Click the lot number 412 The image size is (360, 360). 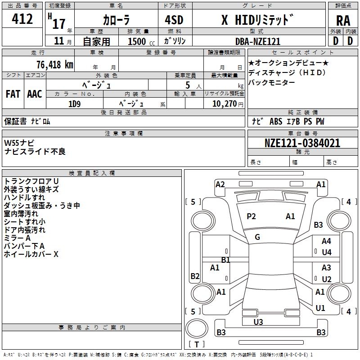pyautogui.click(x=22, y=19)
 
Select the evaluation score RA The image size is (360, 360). pyautogui.click(x=343, y=21)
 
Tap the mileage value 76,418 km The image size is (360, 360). pyautogui.click(x=55, y=64)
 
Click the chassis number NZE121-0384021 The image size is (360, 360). pyautogui.click(x=302, y=143)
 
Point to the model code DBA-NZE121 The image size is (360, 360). pyautogui.click(x=258, y=41)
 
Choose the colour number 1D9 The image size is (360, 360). pyautogui.click(x=74, y=104)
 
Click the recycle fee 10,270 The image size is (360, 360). pyautogui.click(x=225, y=104)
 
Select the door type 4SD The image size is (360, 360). pyautogui.click(x=174, y=20)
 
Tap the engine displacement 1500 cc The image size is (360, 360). pyautogui.click(x=141, y=41)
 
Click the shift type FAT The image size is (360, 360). pyautogui.click(x=13, y=94)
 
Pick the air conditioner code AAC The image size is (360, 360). pyautogui.click(x=35, y=94)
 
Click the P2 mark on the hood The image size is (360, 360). pyautogui.click(x=251, y=216)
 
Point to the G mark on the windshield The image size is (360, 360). pyautogui.click(x=257, y=237)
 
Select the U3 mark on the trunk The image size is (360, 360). pyautogui.click(x=258, y=322)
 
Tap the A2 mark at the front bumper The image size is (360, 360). pyautogui.click(x=220, y=184)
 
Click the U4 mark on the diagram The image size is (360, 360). pyautogui.click(x=327, y=252)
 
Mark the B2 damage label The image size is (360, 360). pyautogui.click(x=195, y=276)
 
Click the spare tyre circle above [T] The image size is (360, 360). pyautogui.click(x=197, y=328)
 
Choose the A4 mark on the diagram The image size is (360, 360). pyautogui.click(x=326, y=241)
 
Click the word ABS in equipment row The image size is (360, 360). pyautogui.click(x=276, y=121)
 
